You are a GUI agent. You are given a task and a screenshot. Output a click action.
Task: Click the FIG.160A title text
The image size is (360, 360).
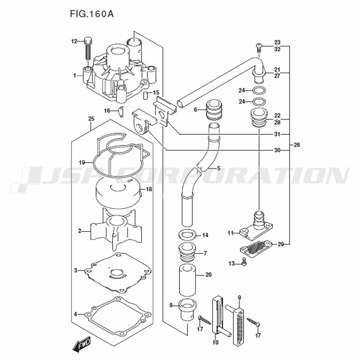(91, 14)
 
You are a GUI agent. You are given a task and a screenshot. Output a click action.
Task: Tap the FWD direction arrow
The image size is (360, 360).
(81, 344)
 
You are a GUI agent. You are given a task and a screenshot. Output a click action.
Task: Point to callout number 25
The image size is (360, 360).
(91, 119)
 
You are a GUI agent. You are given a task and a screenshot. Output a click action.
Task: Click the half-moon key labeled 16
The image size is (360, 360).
(121, 112)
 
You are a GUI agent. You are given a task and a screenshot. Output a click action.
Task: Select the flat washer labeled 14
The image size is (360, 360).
(187, 235)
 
